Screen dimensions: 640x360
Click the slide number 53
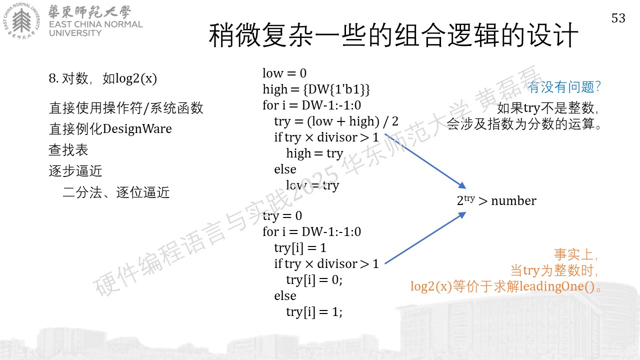618,18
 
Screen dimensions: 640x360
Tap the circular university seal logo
21,21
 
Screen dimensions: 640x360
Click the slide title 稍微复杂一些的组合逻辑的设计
393,35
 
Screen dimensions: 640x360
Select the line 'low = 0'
284,73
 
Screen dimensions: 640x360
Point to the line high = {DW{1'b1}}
316,89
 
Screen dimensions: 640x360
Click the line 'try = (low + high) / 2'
336,121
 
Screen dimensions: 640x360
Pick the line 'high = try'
314,153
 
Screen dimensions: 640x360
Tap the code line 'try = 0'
282,216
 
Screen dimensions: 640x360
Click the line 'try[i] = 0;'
314,280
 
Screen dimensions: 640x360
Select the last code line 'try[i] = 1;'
314,312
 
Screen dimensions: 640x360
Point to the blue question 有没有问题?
564,87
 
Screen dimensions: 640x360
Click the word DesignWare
137,129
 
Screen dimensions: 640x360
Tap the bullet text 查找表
68,150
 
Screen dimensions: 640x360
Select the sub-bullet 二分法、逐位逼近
116,192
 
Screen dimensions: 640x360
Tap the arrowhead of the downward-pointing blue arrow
462,185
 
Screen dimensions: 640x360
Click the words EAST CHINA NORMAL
95,24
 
